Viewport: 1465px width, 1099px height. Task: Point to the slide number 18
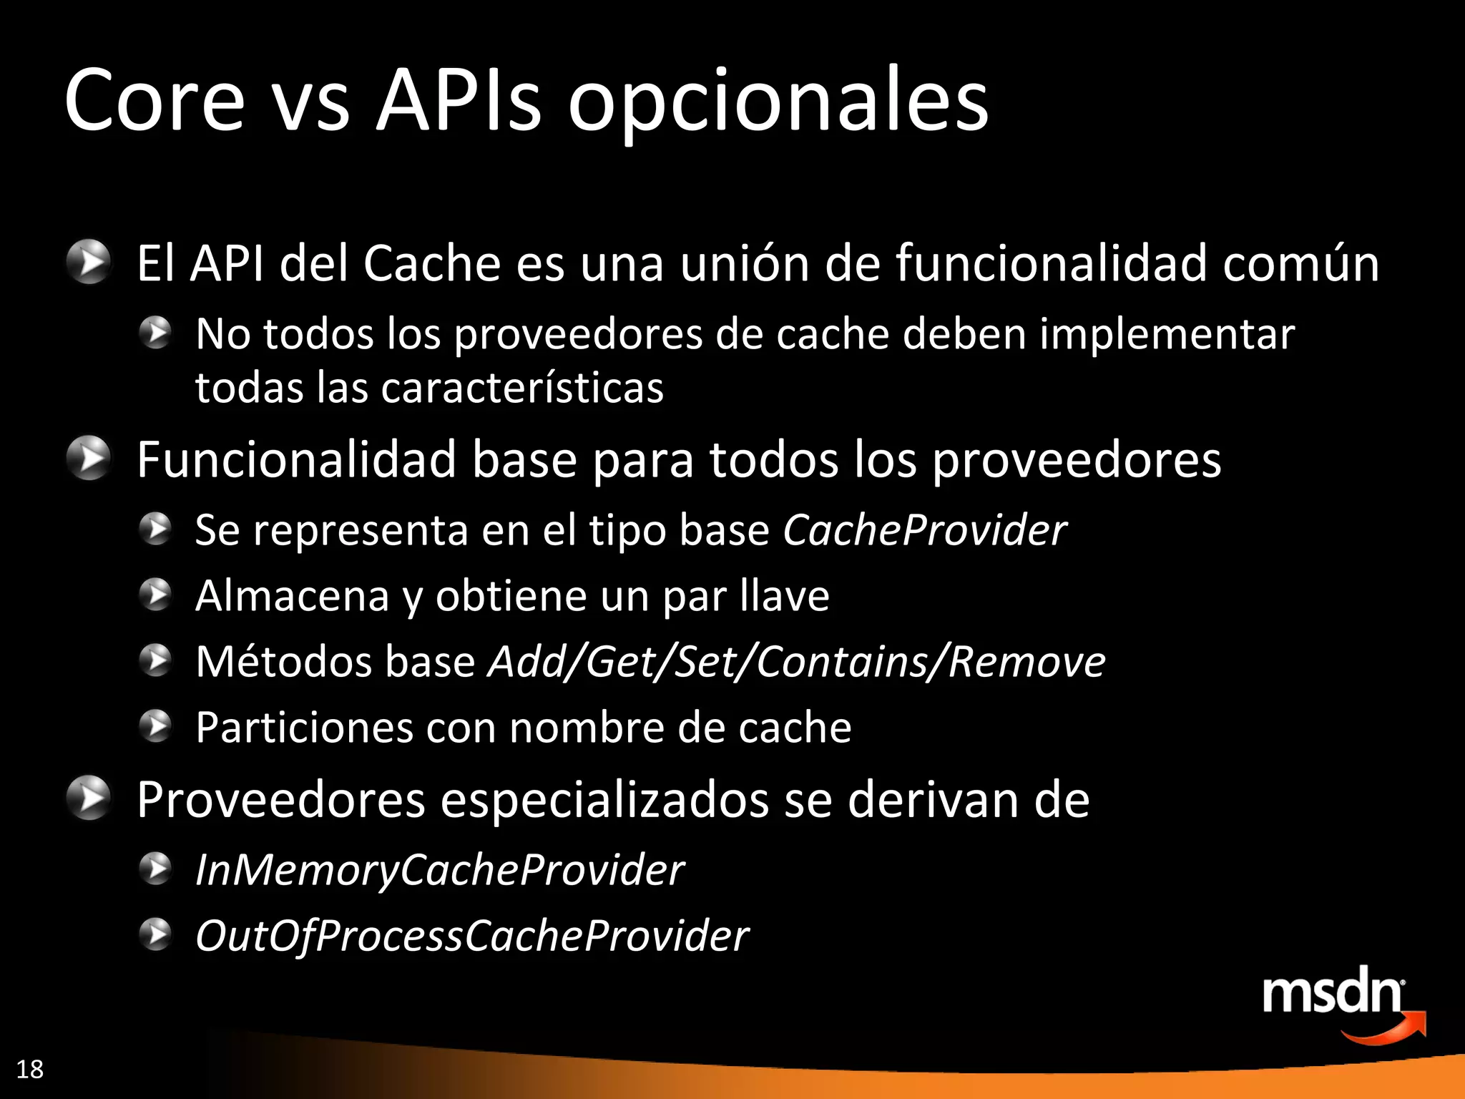click(x=29, y=1069)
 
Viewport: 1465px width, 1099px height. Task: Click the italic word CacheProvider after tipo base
click(x=924, y=530)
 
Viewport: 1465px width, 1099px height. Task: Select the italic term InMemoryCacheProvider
click(x=440, y=871)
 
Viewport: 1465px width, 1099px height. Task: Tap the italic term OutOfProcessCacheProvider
click(x=472, y=937)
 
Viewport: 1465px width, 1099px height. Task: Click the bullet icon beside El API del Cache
click(x=89, y=262)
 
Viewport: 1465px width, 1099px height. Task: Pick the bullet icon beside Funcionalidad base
click(x=89, y=458)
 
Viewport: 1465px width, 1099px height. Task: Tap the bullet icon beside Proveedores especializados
click(x=89, y=798)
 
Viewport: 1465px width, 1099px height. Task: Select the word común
click(x=1300, y=263)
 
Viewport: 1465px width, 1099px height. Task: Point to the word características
click(x=522, y=389)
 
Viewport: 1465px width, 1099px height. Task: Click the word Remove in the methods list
click(x=1027, y=661)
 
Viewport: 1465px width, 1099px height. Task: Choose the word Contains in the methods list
click(x=843, y=661)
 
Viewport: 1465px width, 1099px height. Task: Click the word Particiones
click(x=304, y=728)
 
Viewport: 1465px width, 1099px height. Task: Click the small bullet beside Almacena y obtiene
click(x=155, y=595)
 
